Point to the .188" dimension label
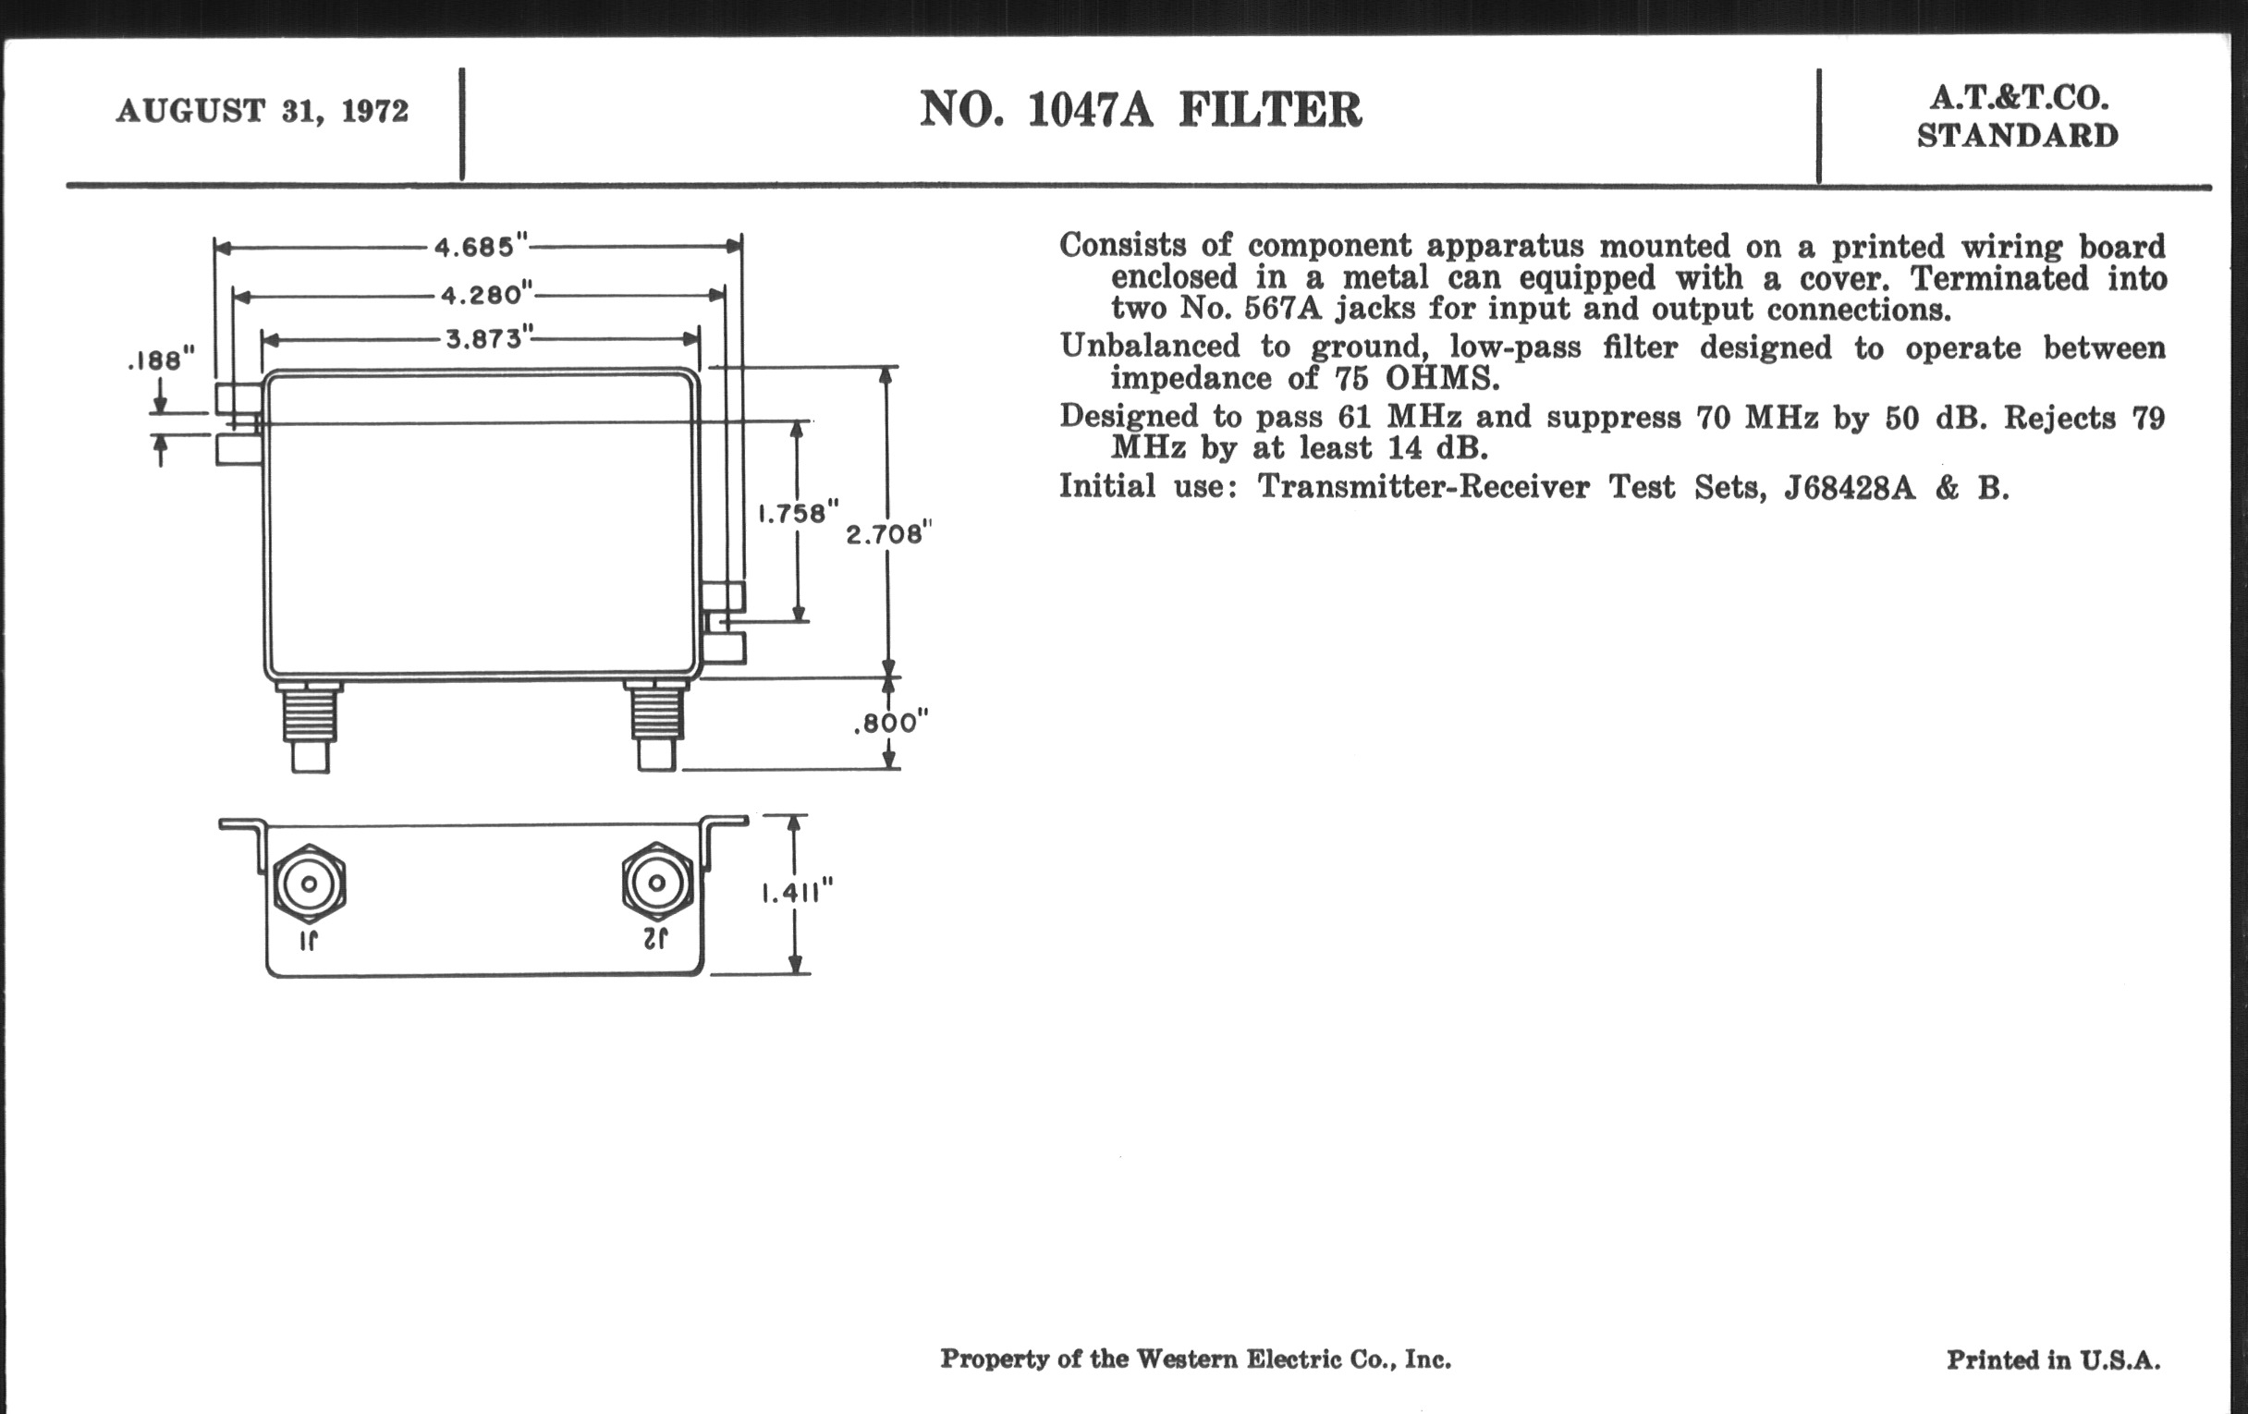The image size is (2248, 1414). (161, 360)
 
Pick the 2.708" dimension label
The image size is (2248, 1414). (887, 534)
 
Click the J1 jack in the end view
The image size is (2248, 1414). (309, 883)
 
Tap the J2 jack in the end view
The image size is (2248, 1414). (657, 883)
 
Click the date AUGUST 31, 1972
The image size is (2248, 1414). (263, 111)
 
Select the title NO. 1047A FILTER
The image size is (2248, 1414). (1140, 109)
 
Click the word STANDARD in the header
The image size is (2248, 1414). (2017, 136)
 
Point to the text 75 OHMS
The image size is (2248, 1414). (1410, 379)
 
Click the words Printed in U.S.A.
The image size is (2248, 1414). (2053, 1359)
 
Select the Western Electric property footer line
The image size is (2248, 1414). (1195, 1359)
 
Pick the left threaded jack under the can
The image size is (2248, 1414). (310, 726)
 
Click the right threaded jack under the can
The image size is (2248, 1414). (656, 726)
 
